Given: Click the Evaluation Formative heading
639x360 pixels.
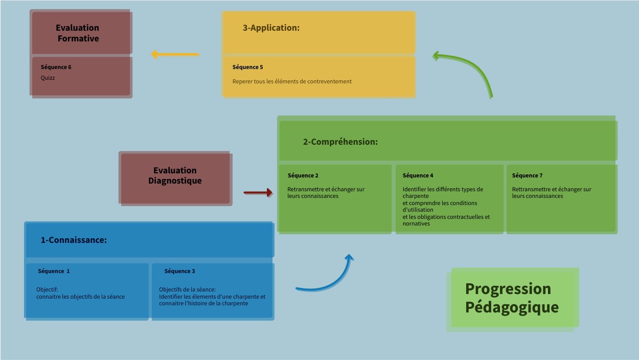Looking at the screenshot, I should pos(78,33).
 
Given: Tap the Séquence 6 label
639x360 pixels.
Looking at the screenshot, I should pos(56,67).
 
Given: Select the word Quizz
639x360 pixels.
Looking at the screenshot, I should pos(48,78).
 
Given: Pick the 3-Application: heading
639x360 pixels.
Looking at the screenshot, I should pos(271,28).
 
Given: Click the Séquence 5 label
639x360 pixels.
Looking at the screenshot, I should pos(247,67).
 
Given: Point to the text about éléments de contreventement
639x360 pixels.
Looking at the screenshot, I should pos(292,81).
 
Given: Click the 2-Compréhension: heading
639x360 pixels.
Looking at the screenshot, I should pos(340,142).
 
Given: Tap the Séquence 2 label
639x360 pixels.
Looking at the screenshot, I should pos(303,175).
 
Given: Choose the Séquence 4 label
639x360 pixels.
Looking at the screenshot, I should pos(418,175).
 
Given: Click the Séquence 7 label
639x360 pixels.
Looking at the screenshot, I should pos(527,175).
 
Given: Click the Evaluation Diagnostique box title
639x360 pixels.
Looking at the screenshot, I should pos(175,175).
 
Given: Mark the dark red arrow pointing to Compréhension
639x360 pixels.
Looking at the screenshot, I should pos(258,193).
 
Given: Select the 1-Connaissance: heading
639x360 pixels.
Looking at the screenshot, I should pos(74,239).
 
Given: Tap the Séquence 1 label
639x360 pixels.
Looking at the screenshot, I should pos(54,271).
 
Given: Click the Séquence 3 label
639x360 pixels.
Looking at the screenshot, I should pos(179,271).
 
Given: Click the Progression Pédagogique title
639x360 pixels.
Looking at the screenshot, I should pos(511,298).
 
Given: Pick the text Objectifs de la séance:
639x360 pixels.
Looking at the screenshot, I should pos(187,289).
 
